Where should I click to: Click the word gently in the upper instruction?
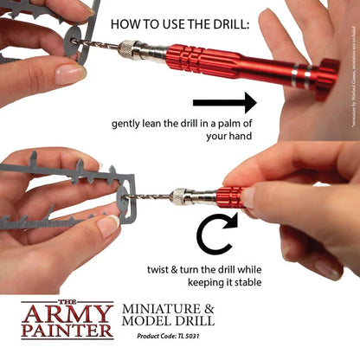point(129,123)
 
